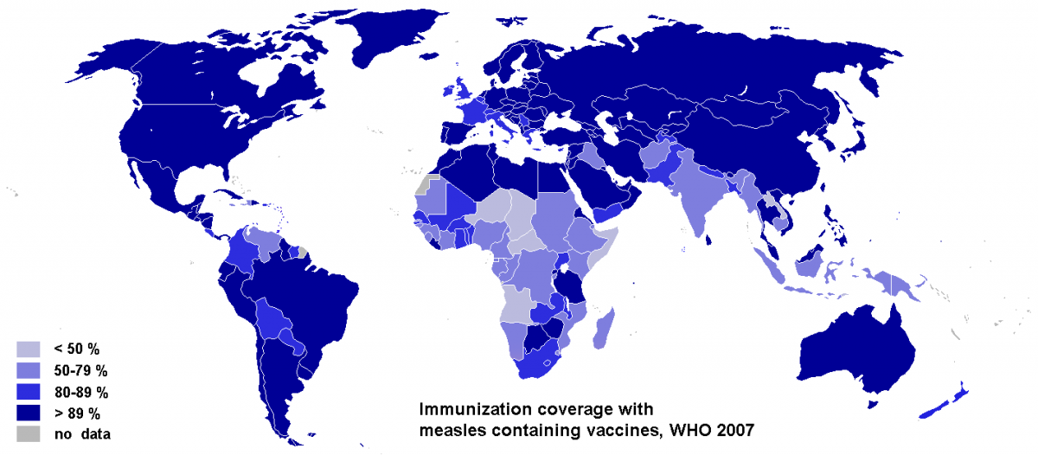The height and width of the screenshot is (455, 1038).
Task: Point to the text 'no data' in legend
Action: (x=81, y=433)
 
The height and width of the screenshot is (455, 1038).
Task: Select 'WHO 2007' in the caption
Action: (x=702, y=427)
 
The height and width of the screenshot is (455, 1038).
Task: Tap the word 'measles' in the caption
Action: (x=452, y=427)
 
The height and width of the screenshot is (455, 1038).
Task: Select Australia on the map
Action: (x=856, y=355)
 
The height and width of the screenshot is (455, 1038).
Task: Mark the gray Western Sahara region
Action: (x=420, y=186)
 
